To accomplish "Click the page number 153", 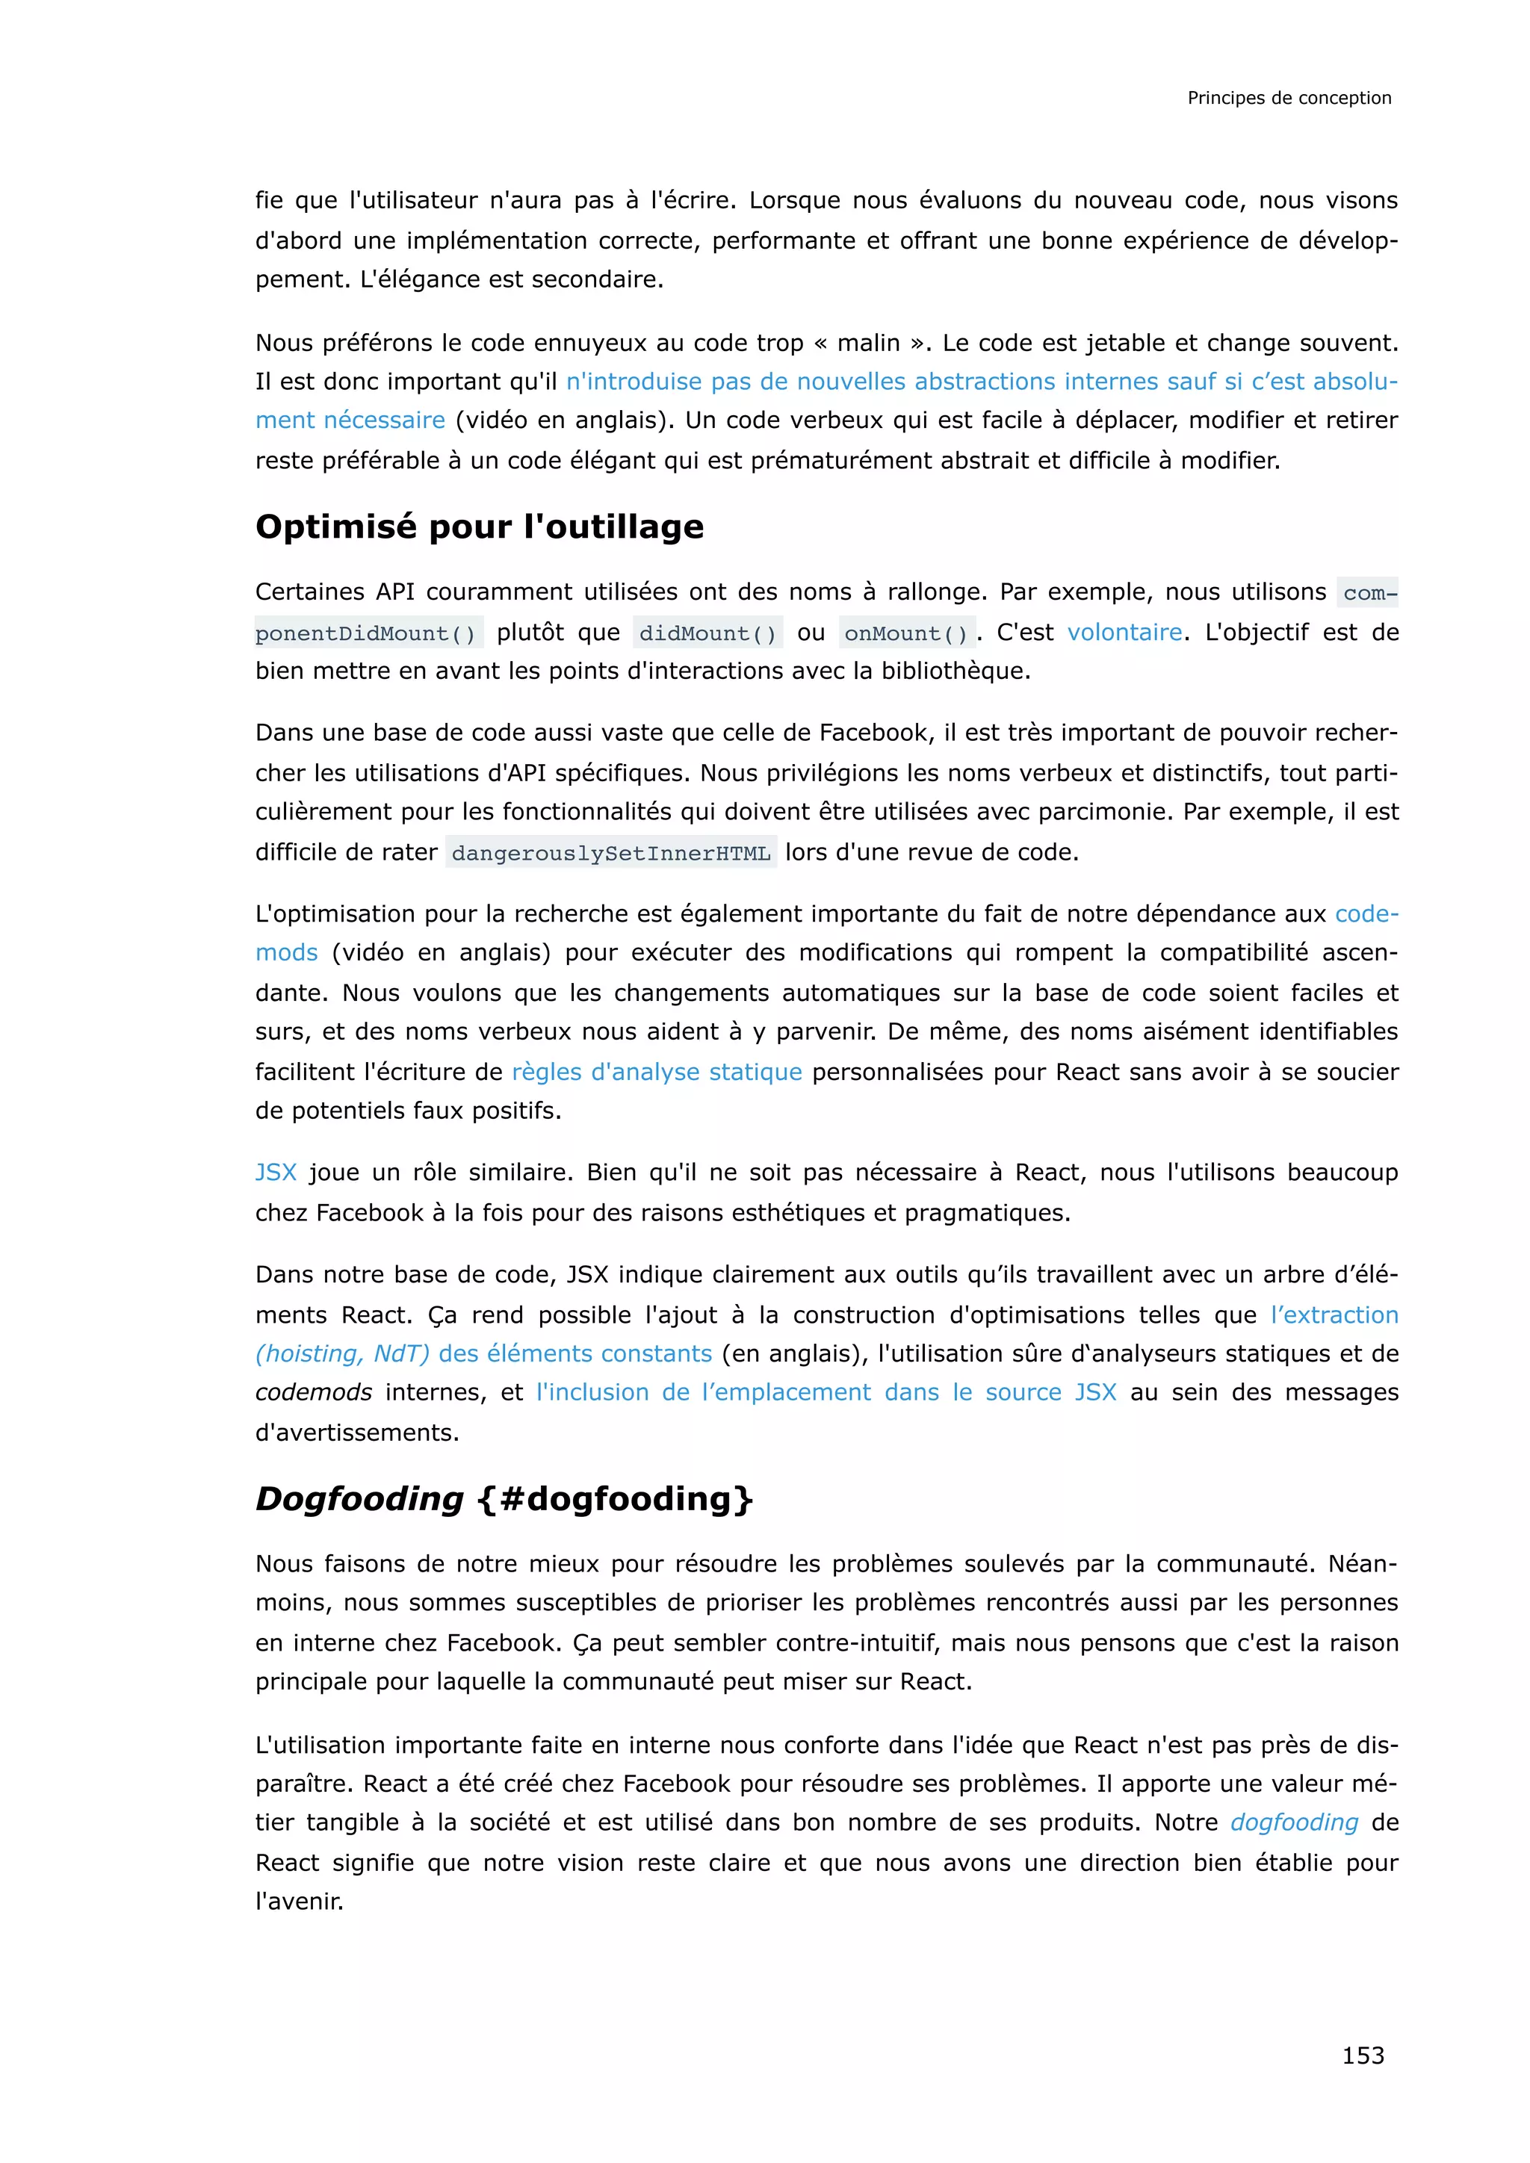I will (1363, 2055).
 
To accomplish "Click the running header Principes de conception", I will (1288, 98).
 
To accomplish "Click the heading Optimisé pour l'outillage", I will (479, 526).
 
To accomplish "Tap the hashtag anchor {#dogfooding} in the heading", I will (616, 1498).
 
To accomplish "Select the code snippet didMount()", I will (707, 633).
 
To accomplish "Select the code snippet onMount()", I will (905, 633).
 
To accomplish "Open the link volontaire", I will (1124, 632).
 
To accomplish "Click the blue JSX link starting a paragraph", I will (275, 1172).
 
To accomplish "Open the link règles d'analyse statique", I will (657, 1071).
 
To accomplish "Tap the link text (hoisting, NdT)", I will (342, 1354).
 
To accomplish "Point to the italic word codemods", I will (313, 1392).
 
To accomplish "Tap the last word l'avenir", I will (298, 1900).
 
